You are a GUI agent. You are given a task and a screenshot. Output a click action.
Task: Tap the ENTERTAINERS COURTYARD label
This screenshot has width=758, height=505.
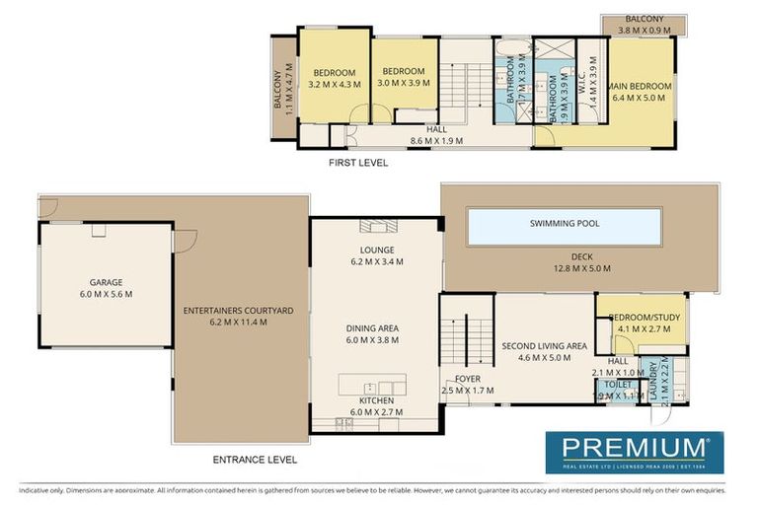[238, 311]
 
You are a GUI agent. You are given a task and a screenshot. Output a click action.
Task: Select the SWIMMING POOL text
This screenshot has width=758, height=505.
[564, 224]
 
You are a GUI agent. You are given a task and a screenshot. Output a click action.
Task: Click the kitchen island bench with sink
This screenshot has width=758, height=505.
[372, 384]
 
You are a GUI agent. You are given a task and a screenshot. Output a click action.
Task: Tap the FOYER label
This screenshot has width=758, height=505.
[467, 380]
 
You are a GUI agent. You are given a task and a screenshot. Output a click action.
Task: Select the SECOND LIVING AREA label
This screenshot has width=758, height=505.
[544, 346]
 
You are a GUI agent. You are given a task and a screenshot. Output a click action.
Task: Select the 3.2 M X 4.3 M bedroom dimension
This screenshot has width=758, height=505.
[335, 85]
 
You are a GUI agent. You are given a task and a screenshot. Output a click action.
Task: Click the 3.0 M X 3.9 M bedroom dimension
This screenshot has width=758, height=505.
[404, 84]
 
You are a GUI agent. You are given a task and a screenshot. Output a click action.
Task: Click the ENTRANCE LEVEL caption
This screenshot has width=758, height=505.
[255, 460]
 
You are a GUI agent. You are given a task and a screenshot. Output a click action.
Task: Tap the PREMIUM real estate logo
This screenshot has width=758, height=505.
[635, 452]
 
